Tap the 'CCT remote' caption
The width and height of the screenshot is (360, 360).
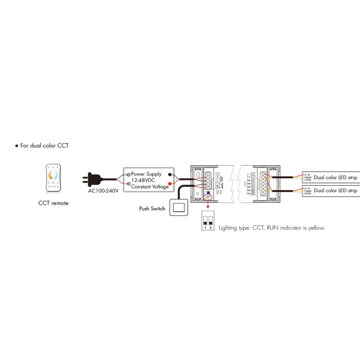(x=54, y=203)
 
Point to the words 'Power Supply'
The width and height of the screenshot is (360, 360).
(x=147, y=173)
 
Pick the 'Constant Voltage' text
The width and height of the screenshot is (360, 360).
(x=150, y=187)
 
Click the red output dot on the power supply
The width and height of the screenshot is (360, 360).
(x=170, y=183)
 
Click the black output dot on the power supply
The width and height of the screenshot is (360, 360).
(x=170, y=174)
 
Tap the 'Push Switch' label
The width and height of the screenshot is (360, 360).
(x=153, y=209)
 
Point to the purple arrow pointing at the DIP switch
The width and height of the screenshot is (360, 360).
(x=207, y=205)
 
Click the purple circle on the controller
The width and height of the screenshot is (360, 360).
(x=207, y=197)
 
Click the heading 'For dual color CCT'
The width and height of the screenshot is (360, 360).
(x=45, y=146)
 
